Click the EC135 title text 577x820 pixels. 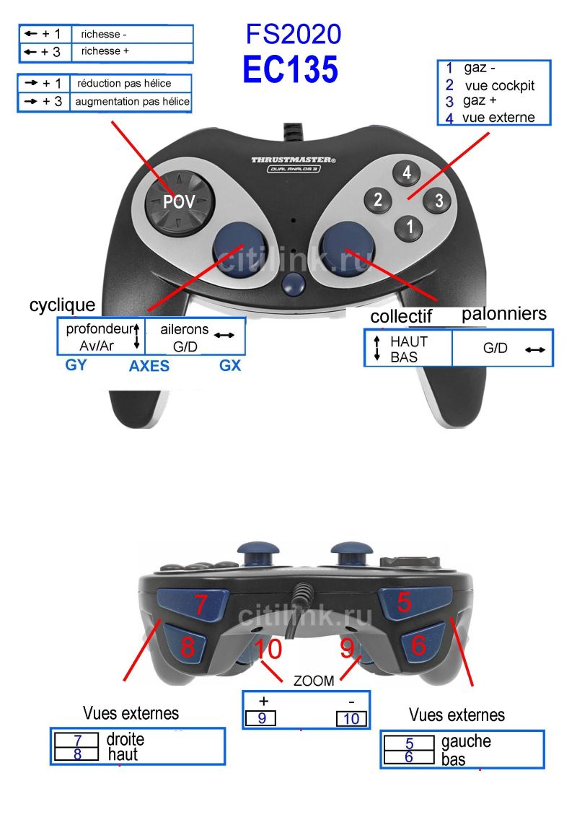291,69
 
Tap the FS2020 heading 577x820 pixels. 294,35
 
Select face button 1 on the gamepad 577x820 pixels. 409,227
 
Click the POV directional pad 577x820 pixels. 179,202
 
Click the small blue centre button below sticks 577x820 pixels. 293,283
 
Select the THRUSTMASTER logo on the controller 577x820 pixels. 294,160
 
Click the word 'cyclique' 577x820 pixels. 62,305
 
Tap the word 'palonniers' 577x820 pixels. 504,313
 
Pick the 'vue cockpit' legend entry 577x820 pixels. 500,86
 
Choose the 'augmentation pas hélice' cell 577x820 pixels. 132,102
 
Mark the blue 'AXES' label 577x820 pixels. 149,365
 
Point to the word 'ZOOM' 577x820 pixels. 314,681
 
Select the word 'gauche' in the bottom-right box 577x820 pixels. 466,741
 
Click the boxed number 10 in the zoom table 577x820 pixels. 351,718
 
